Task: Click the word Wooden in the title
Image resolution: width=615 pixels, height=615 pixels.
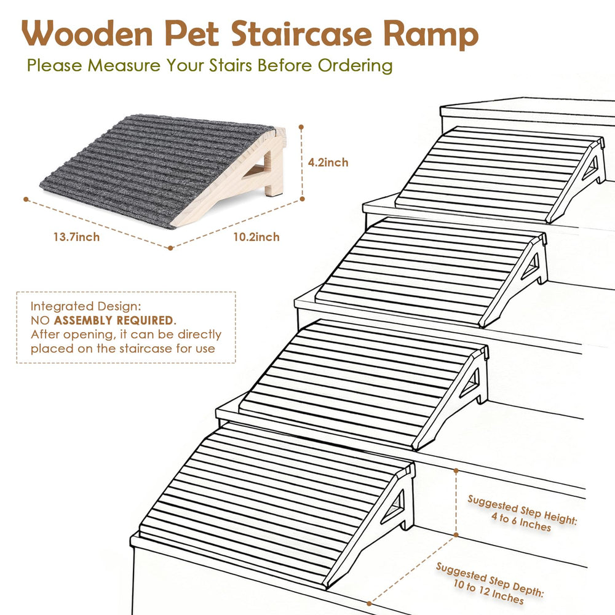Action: point(87,34)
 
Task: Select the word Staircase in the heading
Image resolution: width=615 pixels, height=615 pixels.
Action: point(301,34)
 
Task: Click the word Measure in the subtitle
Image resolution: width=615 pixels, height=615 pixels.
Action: point(124,65)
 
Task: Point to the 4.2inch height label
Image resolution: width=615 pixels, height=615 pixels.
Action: point(328,162)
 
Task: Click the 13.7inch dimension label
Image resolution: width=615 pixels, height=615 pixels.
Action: point(76,237)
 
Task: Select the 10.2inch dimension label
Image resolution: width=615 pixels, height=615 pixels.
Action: point(256,237)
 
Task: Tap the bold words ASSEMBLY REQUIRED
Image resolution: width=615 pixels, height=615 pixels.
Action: point(114,320)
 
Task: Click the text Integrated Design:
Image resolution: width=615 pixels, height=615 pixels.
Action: point(85,306)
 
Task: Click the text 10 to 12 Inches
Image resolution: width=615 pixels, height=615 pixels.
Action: point(488,592)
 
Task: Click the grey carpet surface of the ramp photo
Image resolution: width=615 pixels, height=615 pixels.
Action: point(157,169)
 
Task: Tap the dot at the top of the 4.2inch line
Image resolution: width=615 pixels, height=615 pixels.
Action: point(301,127)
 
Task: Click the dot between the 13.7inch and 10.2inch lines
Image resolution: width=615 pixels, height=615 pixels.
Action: point(170,248)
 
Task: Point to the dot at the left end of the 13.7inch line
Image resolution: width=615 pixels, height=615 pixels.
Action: point(26,199)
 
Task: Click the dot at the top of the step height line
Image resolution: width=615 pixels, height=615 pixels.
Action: point(456,470)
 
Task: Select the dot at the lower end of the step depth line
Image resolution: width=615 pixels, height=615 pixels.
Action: point(370,604)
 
